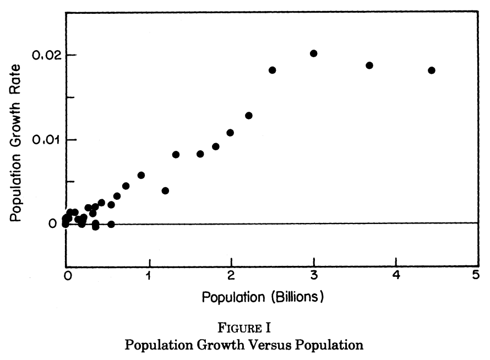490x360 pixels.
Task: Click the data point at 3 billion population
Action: coord(314,53)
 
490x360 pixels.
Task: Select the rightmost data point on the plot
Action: coord(432,70)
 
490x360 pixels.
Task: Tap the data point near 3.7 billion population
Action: coord(369,65)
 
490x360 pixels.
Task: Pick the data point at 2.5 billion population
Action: coord(273,70)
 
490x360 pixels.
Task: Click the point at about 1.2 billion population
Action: coord(165,190)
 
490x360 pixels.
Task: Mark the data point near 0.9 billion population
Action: coord(141,175)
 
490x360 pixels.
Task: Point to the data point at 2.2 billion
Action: coord(249,116)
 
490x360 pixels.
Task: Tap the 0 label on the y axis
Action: coord(52,223)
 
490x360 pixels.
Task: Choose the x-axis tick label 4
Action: coord(396,275)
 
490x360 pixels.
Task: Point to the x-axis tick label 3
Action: coord(314,275)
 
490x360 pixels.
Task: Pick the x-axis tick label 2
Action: coord(231,275)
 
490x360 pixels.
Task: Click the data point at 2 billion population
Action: coord(230,133)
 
